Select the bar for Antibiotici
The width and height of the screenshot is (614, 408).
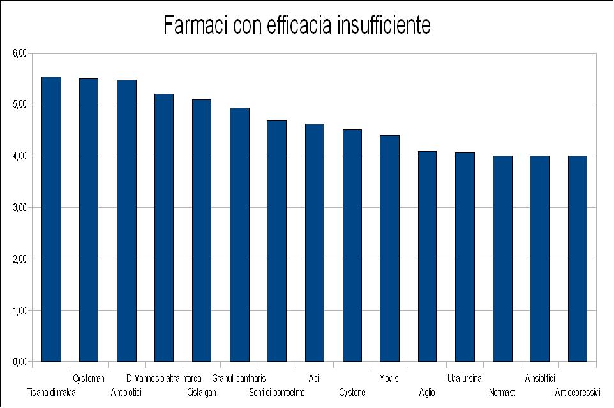coord(126,221)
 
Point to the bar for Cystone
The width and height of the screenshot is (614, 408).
coord(352,245)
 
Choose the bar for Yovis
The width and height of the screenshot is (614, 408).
coord(389,249)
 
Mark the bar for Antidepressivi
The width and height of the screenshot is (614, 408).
coord(578,259)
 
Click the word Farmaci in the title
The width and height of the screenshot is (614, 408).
coord(195,25)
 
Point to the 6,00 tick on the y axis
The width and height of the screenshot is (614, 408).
coord(20,54)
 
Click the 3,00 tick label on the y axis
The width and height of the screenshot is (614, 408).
coord(20,208)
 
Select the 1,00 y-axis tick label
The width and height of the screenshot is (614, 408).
coord(20,311)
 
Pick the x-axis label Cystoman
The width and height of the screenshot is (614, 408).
coord(89,379)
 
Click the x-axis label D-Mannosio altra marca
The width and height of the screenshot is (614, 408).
coord(164,379)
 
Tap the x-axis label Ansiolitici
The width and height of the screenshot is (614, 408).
coord(540,379)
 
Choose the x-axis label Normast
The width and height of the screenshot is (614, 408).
coord(502,393)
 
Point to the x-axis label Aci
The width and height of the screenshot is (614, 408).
coord(314,379)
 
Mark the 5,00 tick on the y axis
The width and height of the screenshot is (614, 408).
coord(20,105)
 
